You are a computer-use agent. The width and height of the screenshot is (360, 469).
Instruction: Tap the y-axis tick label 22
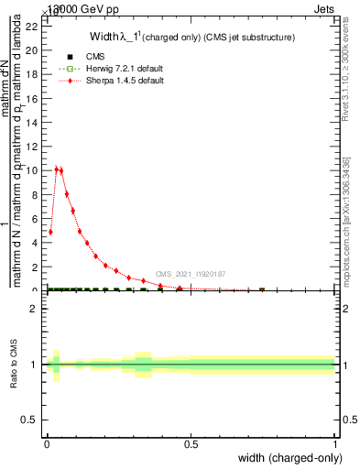click(x=31, y=26)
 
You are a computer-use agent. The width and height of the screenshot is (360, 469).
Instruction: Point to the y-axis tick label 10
click(x=31, y=170)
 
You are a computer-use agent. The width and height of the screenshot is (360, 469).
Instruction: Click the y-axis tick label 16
click(x=31, y=98)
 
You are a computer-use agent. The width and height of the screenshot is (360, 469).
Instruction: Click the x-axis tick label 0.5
click(x=191, y=445)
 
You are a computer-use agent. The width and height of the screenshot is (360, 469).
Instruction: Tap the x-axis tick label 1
click(x=335, y=445)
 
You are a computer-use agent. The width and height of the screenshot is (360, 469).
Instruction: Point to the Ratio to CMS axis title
click(x=14, y=364)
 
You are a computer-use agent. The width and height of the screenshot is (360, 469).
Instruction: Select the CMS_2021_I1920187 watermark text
click(x=190, y=273)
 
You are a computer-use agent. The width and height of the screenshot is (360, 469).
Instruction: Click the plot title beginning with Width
click(x=191, y=38)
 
